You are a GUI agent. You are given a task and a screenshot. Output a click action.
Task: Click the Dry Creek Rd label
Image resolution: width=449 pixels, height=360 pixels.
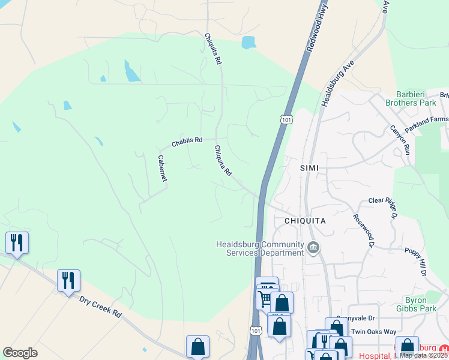pos(100,305)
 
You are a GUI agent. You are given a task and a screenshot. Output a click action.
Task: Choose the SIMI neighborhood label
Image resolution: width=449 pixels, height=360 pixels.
pos(309,168)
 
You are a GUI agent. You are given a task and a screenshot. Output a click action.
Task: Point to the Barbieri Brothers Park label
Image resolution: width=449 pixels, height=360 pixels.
pos(415,98)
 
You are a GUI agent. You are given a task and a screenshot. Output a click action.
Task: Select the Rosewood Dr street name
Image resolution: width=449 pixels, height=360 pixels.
pos(364,230)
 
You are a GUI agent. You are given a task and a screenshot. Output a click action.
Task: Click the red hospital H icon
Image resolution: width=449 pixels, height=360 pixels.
pos(443,349)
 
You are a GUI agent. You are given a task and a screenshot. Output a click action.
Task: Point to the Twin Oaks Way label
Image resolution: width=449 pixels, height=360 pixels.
pos(374,331)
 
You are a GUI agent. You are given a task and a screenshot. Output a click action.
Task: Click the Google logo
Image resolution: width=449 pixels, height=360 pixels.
pos(20,353)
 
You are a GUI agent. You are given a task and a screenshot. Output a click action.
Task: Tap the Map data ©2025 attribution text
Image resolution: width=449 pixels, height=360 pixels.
pos(424,355)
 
